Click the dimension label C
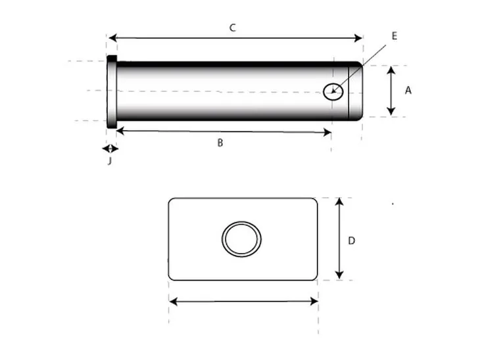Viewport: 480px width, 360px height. coord(232,28)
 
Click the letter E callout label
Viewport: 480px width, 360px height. coord(394,36)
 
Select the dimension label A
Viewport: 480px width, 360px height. coord(408,91)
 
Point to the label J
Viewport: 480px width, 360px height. coord(109,161)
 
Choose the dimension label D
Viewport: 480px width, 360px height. coord(351,240)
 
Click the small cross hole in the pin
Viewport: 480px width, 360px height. coord(333,91)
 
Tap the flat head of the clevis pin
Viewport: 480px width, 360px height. coord(112,91)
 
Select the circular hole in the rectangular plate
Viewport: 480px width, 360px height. coord(241,238)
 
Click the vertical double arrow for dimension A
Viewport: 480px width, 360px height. coord(391,91)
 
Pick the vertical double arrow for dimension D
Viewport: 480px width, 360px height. coord(339,238)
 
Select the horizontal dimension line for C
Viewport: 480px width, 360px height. coord(235,38)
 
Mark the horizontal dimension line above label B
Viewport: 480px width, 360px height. coord(224,131)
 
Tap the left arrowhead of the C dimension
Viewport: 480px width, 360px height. coord(112,38)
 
